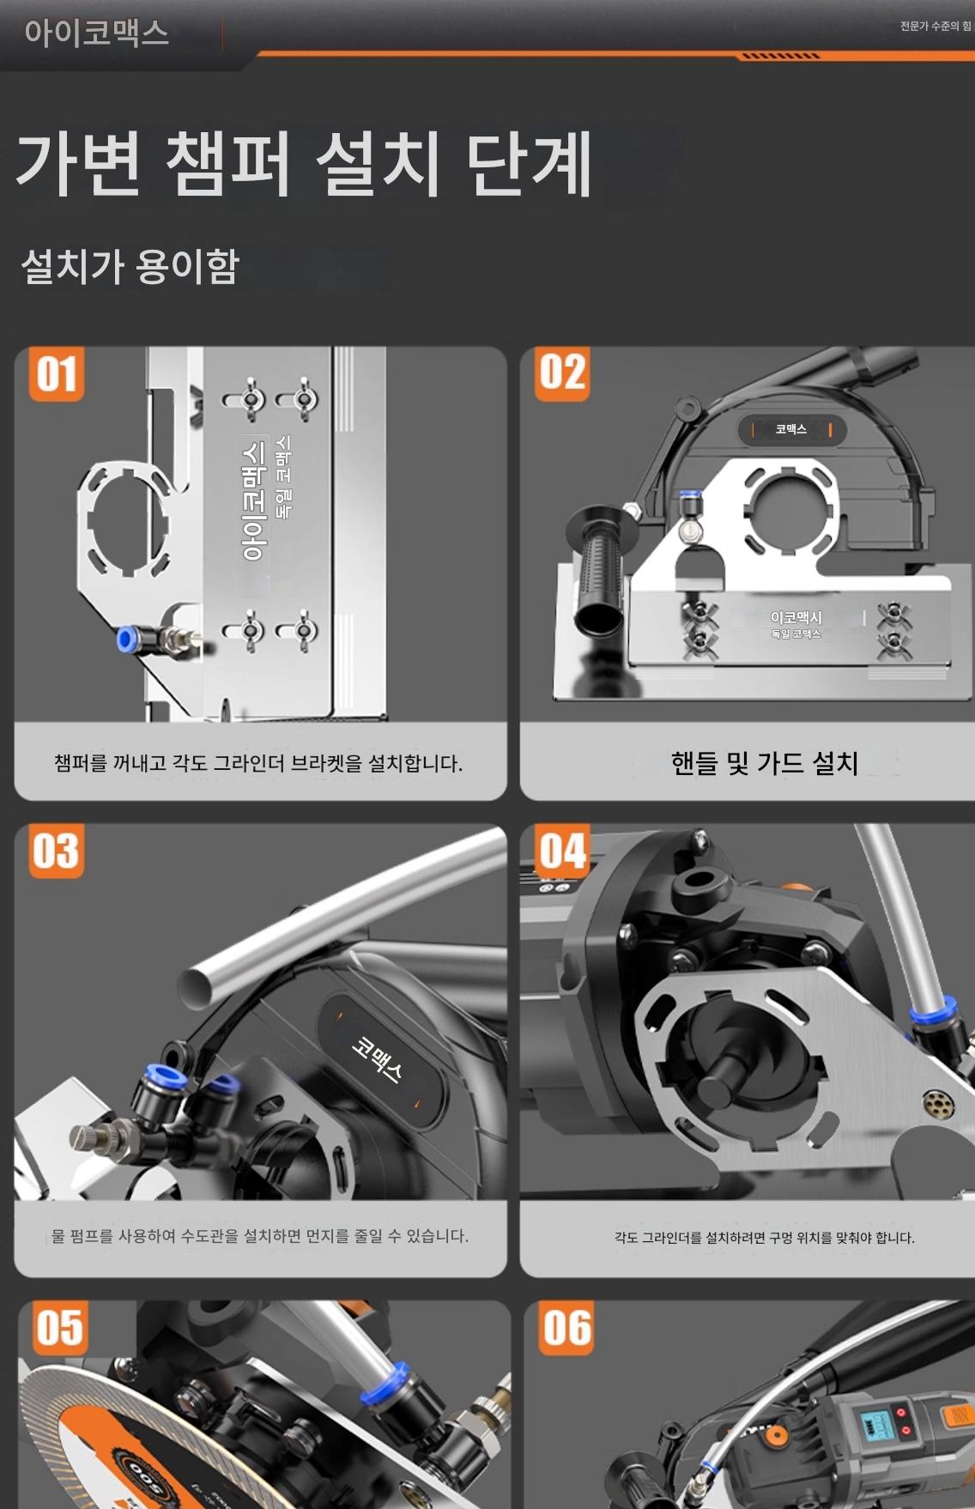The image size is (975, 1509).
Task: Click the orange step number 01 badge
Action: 57,374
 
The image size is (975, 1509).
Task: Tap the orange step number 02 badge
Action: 562,374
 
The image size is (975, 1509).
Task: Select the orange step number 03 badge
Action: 57,851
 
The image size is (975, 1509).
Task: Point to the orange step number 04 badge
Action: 562,851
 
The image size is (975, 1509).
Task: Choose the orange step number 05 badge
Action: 60,1328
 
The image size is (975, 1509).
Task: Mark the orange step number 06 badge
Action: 566,1328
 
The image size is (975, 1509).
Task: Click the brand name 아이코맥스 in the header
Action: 96,33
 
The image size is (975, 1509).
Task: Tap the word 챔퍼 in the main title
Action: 228,163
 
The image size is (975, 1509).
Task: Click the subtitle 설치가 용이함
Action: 130,265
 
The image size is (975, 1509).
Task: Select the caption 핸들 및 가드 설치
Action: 765,762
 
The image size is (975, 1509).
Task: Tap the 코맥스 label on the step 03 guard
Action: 377,1058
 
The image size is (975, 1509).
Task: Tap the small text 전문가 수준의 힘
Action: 936,26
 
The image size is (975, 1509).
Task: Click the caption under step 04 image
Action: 765,1238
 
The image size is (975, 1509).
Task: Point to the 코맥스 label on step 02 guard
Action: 791,429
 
